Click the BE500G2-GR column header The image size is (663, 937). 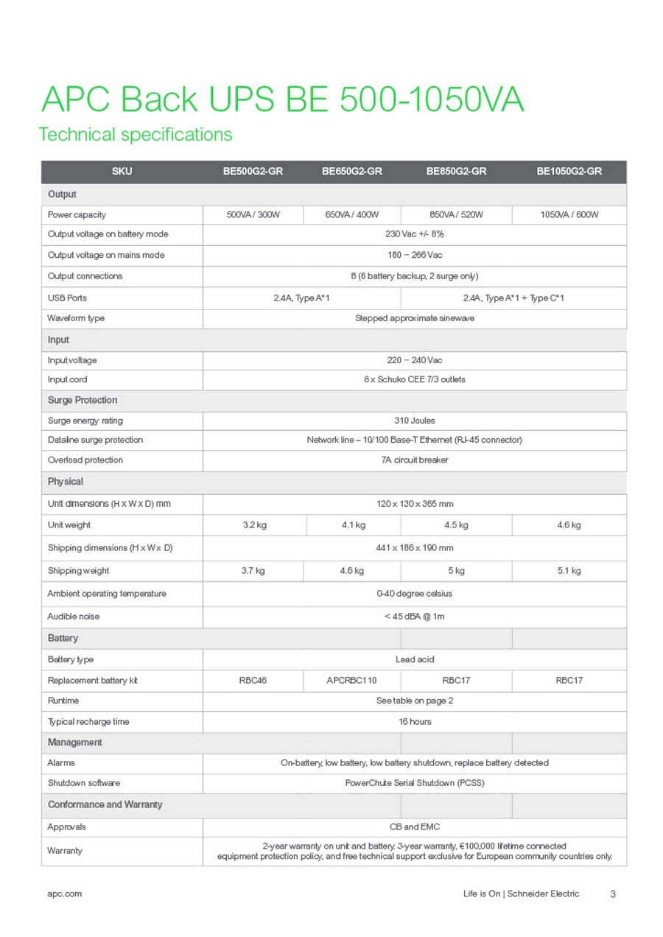253,172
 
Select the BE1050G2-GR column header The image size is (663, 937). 569,172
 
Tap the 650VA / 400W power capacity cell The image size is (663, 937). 352,214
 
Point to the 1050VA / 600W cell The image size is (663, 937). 569,214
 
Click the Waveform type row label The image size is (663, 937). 76,318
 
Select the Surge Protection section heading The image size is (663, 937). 83,400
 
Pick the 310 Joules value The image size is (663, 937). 415,421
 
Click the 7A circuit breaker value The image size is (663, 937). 415,460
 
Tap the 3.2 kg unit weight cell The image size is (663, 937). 253,525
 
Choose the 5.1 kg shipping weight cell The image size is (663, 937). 569,571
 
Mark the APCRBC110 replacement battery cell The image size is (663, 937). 351,681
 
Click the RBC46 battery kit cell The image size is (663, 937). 253,681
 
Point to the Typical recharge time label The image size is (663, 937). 88,722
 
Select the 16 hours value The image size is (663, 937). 415,722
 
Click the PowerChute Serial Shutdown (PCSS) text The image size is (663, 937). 415,783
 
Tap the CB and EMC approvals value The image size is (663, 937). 415,827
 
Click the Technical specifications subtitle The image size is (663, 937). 136,135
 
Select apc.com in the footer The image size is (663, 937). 64,894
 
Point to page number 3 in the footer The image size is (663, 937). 613,894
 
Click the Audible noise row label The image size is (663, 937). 74,617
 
